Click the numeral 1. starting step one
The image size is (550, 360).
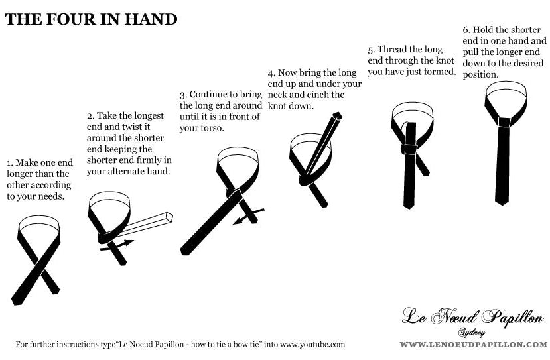(10, 163)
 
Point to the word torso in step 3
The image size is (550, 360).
(212, 128)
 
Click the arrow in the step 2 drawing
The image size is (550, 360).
(117, 245)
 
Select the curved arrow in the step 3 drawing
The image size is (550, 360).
(249, 216)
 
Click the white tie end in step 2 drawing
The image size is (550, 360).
(147, 223)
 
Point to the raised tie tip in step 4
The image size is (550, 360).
(337, 115)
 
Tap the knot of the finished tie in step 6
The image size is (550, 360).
(505, 122)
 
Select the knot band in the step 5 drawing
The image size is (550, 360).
(411, 149)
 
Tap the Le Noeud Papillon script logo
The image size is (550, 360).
(472, 317)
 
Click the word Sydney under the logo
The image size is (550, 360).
(472, 333)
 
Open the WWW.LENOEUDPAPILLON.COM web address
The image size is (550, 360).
(473, 345)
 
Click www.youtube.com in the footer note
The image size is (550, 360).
(312, 345)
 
